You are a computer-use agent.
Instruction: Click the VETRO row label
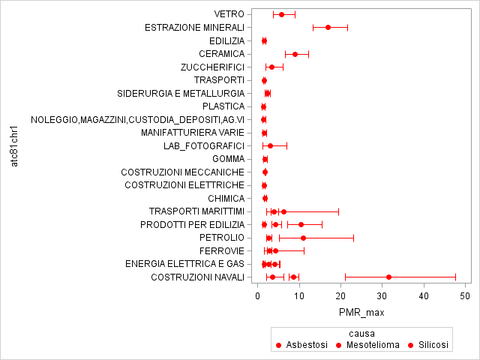(229, 14)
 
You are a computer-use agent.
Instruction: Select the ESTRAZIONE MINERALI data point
(328, 27)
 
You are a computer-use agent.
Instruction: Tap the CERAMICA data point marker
(295, 54)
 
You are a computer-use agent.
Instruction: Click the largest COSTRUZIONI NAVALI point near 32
(388, 277)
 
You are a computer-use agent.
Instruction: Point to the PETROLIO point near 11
(303, 238)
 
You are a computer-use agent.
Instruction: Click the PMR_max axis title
(361, 311)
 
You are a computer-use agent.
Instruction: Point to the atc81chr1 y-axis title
(15, 145)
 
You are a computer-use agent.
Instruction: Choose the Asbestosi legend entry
(301, 345)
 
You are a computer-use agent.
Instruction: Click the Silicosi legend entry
(427, 345)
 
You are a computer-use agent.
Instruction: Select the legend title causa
(361, 332)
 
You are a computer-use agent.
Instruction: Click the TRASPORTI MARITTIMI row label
(196, 211)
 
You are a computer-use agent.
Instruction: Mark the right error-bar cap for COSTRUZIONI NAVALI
(455, 277)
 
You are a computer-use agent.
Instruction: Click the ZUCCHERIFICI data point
(271, 67)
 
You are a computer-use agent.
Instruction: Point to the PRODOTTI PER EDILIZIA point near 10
(301, 224)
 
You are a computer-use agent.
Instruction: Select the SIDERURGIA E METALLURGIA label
(181, 93)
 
